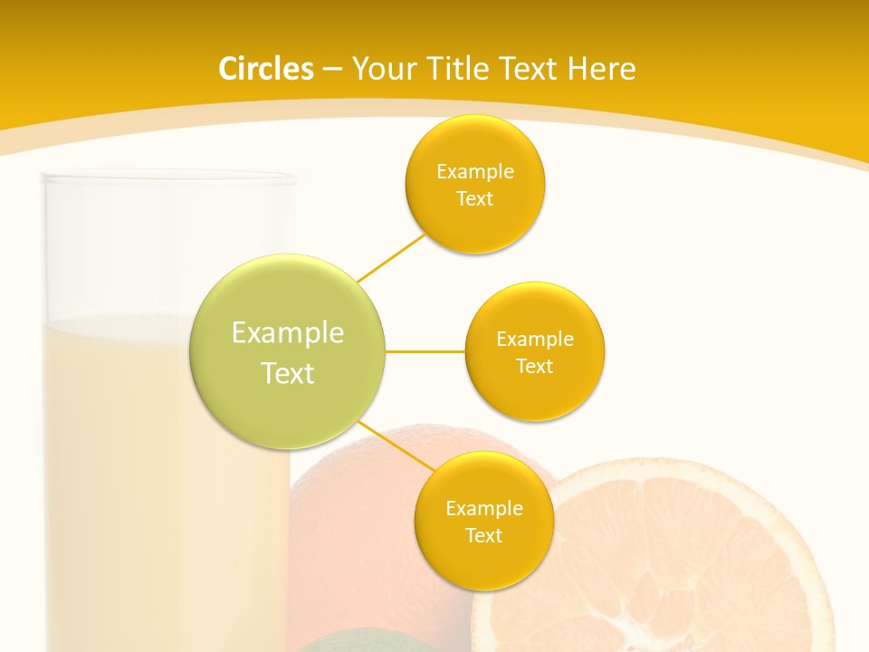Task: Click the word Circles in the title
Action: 265,69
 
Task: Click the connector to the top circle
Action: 391,259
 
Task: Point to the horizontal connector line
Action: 425,351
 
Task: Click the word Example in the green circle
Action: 288,333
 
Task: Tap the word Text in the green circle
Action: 288,373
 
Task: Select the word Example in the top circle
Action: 475,171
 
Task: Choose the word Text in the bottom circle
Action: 484,535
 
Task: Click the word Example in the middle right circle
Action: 535,339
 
